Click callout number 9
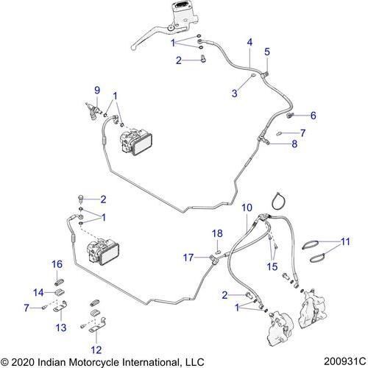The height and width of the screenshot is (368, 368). pos(96,90)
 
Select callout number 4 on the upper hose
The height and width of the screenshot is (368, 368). pos(250,41)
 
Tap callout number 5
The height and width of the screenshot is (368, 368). pos(266,51)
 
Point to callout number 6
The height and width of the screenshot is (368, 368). pos(313,116)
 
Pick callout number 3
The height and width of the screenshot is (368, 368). pos(234,93)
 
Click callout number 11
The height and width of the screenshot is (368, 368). pos(347,241)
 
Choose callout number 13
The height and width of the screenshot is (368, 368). pos(62,327)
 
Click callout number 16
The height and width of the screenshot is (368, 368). pos(57,263)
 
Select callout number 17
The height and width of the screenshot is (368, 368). pos(189,257)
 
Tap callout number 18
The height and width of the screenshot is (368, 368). pos(217,233)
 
